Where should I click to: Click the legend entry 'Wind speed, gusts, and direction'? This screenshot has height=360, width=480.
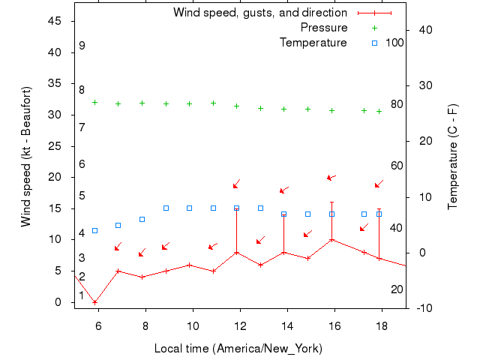[x=259, y=13]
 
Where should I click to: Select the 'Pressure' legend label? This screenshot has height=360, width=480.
[x=323, y=28]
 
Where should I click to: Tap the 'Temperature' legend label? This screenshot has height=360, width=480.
[x=313, y=43]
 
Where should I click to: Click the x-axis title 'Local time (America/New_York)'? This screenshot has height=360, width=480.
[x=238, y=349]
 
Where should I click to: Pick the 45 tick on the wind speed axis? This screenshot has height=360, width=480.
[x=55, y=21]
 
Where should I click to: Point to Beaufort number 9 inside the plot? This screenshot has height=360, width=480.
[x=82, y=46]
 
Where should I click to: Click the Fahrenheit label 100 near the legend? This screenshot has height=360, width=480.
[x=394, y=43]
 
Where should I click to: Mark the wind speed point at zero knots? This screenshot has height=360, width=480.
[x=94, y=302]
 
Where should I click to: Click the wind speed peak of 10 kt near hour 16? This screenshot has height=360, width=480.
[x=331, y=240]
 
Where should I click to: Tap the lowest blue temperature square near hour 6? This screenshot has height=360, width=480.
[x=94, y=230]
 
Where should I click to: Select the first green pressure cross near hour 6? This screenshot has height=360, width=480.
[x=94, y=102]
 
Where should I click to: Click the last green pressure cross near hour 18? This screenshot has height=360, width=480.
[x=379, y=111]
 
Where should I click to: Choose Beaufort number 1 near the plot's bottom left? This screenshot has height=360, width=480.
[x=82, y=295]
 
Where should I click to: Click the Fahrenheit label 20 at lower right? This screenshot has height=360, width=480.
[x=397, y=289]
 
